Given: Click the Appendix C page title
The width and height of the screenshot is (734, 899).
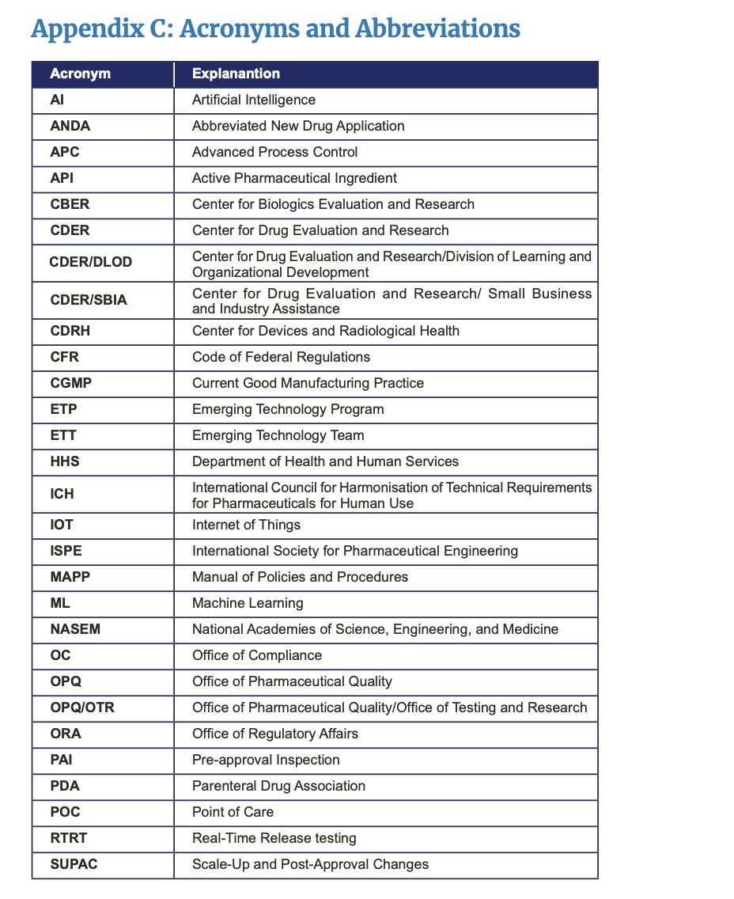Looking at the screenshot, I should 275,29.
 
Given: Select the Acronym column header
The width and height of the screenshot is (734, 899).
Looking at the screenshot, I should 80,74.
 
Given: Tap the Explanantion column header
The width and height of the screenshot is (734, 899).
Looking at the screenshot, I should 236,74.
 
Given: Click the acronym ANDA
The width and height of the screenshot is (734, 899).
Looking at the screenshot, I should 70,126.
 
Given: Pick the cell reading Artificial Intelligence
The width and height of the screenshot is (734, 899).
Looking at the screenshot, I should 254,100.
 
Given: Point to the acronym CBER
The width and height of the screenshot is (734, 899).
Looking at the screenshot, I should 70,204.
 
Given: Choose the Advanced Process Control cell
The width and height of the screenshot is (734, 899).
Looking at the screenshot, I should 274,152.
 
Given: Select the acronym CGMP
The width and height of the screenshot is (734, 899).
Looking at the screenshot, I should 70,383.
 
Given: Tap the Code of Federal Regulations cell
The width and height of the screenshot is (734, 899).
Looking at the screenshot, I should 281,357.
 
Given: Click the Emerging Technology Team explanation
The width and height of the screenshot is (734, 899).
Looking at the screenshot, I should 278,435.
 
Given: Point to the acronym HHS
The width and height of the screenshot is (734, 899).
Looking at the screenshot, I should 65,461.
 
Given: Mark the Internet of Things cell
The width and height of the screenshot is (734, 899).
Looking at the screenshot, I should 246,525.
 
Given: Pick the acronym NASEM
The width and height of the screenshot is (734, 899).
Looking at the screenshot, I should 74,630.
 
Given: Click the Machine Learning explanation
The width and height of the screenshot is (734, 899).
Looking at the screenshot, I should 248,603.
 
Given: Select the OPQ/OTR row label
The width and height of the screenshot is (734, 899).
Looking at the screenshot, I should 82,707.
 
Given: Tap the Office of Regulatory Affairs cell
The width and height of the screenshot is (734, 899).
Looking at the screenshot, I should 274,734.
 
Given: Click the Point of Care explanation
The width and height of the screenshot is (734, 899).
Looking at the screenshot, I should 233,812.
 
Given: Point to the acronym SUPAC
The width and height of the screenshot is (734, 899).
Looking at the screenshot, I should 74,864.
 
